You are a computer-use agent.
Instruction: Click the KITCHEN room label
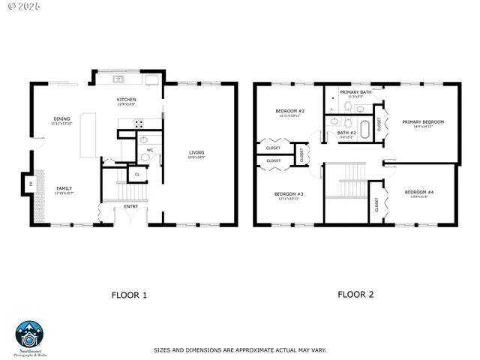click(x=125, y=100)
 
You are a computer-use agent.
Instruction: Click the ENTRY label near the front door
click(x=131, y=206)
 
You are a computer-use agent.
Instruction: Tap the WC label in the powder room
click(x=149, y=150)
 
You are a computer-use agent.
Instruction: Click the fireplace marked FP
click(x=31, y=184)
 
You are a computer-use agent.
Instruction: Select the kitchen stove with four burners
click(x=139, y=124)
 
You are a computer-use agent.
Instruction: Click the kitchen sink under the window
click(x=119, y=79)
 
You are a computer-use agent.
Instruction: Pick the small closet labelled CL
click(x=136, y=174)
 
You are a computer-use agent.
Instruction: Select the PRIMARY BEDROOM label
click(x=423, y=122)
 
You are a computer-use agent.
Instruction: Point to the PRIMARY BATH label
click(x=355, y=93)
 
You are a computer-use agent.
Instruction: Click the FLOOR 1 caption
click(x=129, y=295)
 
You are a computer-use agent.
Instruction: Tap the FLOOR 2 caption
click(x=355, y=295)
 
